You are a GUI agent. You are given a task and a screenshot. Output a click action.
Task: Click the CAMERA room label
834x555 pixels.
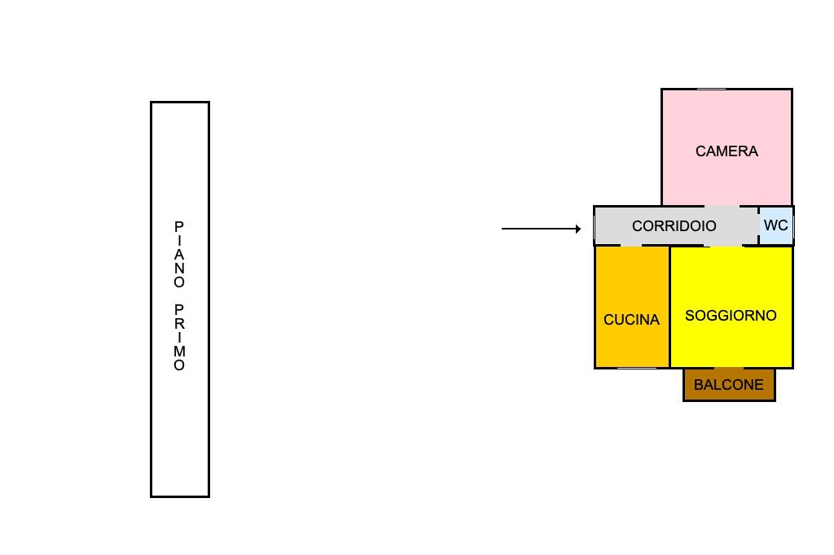[726, 151]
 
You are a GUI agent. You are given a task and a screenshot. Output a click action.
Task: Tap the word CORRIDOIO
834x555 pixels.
[674, 226]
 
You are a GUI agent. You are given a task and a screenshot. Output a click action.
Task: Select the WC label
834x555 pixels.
[775, 225]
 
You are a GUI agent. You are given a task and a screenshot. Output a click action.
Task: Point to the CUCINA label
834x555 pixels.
[631, 320]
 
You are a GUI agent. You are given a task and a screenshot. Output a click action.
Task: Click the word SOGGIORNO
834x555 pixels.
[731, 316]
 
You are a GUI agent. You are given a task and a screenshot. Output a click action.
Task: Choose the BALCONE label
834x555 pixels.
[729, 385]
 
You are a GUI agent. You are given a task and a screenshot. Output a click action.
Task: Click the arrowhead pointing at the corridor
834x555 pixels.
[578, 229]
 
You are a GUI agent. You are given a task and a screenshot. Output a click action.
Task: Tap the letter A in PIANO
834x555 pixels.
[179, 255]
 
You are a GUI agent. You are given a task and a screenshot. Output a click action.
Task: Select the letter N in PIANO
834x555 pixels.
[179, 269]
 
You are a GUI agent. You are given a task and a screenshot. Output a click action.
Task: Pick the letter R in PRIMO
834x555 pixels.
[179, 324]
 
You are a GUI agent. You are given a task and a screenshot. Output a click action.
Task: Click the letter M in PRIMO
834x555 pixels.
[179, 352]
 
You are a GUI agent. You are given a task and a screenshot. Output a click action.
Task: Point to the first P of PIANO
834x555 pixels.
[179, 227]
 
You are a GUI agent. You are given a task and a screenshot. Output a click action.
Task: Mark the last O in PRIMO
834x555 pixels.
[179, 365]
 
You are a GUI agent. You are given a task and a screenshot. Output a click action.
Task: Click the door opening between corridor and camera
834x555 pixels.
[722, 206]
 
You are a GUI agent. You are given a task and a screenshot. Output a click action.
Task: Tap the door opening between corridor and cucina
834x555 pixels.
[631, 246]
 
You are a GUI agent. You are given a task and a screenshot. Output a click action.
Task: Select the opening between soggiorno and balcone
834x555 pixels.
[729, 368]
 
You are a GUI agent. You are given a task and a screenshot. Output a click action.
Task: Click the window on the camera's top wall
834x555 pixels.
[711, 89]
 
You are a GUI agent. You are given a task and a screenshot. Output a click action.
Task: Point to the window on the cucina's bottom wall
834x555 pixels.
[637, 368]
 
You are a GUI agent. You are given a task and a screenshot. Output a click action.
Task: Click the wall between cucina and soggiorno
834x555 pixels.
[669, 307]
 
